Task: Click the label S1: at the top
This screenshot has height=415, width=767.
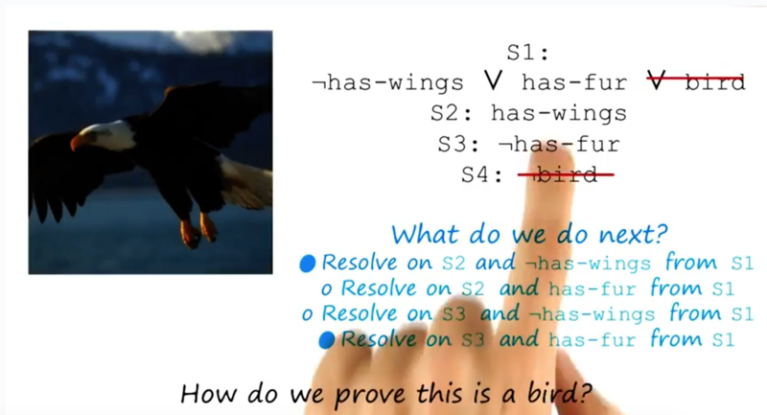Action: point(527,53)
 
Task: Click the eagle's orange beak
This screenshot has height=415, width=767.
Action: point(79,142)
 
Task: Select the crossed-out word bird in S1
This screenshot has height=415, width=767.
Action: point(714,82)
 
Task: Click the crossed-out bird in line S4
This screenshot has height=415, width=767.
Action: point(565,174)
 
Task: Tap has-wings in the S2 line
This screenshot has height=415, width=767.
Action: point(559,113)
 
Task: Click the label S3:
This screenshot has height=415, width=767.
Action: point(459,145)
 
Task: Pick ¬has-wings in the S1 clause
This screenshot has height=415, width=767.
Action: point(388,82)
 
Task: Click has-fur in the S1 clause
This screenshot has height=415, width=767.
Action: point(574,82)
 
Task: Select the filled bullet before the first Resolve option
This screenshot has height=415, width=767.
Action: point(307,264)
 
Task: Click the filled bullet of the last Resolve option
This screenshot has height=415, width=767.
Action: point(326,339)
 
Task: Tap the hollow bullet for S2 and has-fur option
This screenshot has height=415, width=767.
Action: point(326,289)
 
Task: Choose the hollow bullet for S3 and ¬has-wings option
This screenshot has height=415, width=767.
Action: point(307,314)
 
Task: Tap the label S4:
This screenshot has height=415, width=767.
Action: point(482,174)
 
